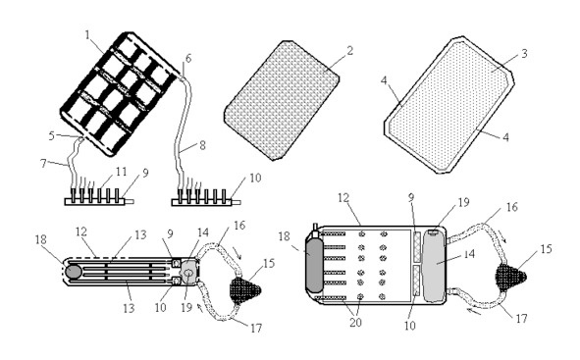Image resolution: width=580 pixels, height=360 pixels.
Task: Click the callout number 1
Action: coord(87,35)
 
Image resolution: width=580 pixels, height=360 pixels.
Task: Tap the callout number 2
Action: coord(349,51)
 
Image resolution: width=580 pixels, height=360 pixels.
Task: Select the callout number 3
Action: coord(524,54)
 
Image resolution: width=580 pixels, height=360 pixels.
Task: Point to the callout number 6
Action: coord(188,59)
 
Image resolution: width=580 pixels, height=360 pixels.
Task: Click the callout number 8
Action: coord(202,145)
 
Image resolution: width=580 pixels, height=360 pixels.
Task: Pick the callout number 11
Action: coord(122,172)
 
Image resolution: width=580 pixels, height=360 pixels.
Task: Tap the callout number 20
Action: coord(355,323)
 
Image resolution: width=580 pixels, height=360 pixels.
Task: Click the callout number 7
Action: coord(43,163)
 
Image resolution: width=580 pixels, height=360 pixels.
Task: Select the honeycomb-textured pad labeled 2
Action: coord(282,100)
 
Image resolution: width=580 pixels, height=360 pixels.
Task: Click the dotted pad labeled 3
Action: coord(448,105)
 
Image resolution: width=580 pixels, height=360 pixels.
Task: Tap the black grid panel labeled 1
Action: coord(119,94)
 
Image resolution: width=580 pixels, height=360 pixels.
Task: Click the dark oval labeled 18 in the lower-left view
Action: coord(74,272)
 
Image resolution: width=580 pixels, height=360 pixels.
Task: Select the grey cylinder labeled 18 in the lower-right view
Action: coord(314,265)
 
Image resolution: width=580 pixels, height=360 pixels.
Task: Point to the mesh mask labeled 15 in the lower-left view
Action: coord(245,290)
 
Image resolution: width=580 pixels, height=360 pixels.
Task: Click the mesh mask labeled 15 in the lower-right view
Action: coord(510,277)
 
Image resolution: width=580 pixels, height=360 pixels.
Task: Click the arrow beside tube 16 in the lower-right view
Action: coord(502,235)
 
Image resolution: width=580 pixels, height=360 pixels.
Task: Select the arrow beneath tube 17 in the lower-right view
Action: coord(474,312)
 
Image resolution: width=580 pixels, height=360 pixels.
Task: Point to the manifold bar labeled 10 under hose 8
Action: coord(206,202)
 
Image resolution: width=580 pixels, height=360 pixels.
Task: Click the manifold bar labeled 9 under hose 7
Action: coord(99,202)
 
